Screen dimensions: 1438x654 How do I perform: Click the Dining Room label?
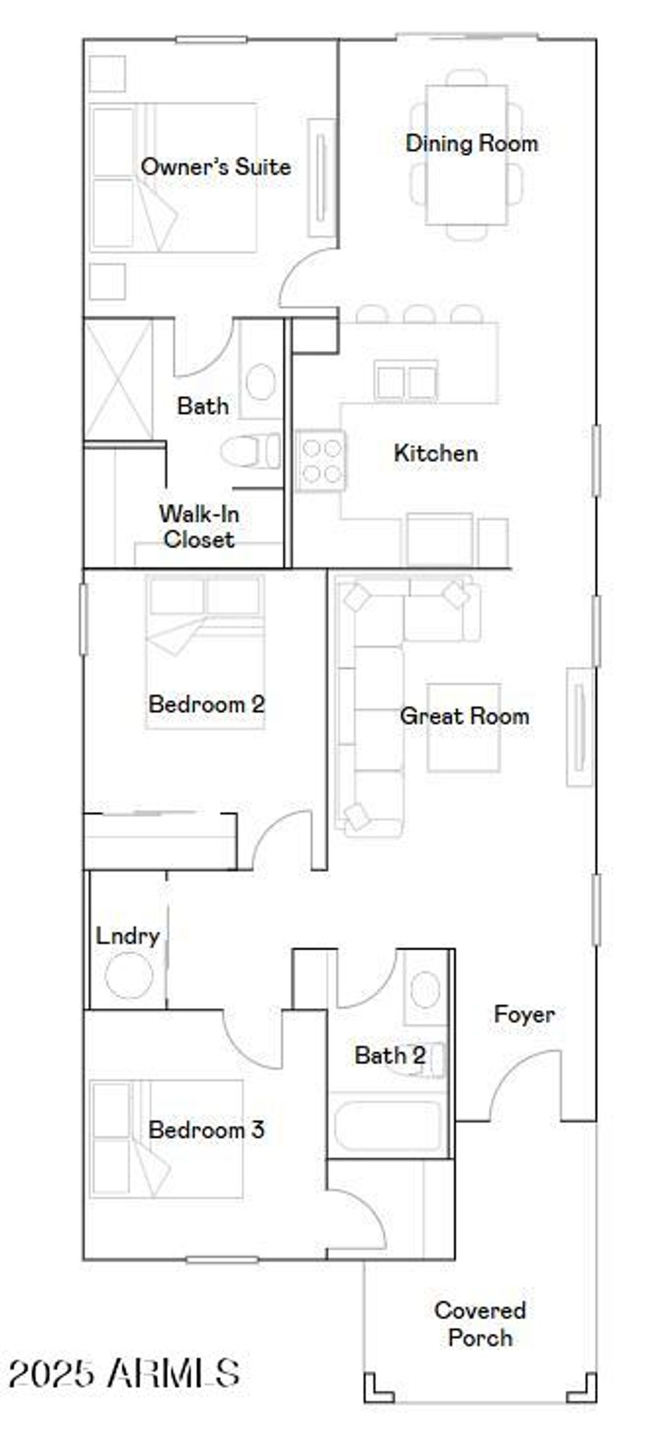coord(471,143)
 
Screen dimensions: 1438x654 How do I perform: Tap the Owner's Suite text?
coord(215,167)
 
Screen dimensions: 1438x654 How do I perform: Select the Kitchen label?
coord(436,453)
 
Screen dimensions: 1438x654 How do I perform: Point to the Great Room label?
coord(464,716)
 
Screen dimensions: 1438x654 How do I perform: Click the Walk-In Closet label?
coord(199,526)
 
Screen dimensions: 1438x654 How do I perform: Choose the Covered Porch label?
coord(480,1324)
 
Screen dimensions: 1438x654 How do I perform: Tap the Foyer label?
coord(524,1014)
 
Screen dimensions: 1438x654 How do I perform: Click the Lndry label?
coord(127,936)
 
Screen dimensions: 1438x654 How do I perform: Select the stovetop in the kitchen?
coord(321,461)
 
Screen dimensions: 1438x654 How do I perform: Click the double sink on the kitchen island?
coord(406,382)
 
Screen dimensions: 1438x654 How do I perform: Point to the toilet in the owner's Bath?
coord(250,451)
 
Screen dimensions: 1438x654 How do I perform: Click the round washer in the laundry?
coord(129,975)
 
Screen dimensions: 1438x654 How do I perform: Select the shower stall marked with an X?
coord(119,380)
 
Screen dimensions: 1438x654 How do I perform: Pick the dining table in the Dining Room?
coord(467,155)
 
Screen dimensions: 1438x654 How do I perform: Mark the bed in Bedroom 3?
coord(166,1138)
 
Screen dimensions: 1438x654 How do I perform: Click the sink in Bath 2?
coord(425,990)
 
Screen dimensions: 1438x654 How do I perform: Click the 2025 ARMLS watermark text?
coord(124,1373)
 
